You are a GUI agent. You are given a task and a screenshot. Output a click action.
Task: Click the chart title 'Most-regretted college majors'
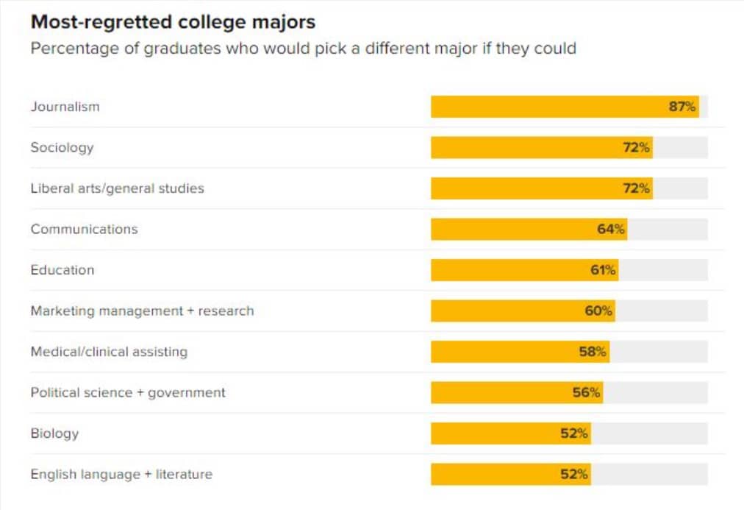click(x=173, y=22)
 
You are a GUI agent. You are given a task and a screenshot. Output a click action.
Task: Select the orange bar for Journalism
click(x=551, y=107)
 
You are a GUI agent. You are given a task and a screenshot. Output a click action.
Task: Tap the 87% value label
click(x=682, y=107)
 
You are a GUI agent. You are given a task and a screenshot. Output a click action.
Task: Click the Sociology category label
click(x=62, y=147)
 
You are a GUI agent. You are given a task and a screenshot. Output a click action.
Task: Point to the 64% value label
click(x=611, y=229)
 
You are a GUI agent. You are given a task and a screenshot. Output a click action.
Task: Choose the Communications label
click(x=84, y=229)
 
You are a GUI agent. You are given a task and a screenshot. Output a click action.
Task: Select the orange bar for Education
click(x=515, y=270)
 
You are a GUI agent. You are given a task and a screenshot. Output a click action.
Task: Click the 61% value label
click(x=603, y=270)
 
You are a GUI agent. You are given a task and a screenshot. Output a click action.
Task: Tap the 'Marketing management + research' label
click(x=142, y=311)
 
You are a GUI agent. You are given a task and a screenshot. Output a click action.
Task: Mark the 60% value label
click(x=598, y=311)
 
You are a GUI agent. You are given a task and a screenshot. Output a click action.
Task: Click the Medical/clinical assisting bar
click(x=507, y=352)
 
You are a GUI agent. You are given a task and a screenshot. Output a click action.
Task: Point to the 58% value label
click(x=593, y=352)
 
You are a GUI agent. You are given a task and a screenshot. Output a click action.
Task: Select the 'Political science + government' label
click(x=128, y=392)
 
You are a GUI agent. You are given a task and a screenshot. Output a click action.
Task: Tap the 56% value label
click(x=587, y=392)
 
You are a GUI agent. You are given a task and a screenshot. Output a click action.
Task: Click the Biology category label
click(x=54, y=433)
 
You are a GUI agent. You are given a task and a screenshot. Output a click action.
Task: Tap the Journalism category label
click(x=65, y=107)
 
